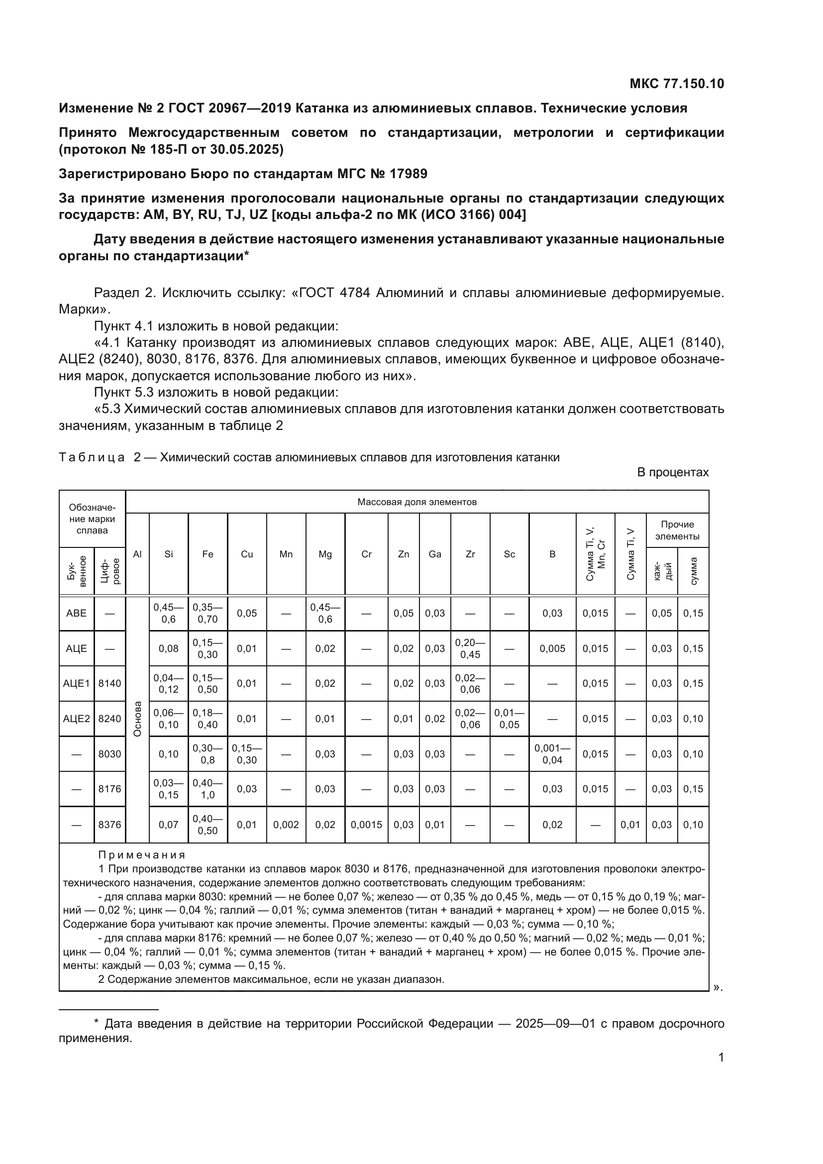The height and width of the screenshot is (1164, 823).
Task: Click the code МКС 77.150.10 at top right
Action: coord(677,84)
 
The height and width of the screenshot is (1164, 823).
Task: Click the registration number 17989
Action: coord(408,174)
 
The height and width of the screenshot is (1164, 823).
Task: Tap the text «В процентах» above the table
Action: coord(673,472)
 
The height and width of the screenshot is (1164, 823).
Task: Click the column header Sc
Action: coord(510,554)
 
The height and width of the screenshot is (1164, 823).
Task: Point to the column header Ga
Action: coord(435,554)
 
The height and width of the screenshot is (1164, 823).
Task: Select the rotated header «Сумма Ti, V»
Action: coord(630,553)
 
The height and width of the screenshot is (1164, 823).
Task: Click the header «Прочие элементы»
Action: coord(677,530)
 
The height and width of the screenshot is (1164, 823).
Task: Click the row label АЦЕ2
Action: coord(77,719)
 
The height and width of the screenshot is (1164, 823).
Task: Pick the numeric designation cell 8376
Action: coord(110,825)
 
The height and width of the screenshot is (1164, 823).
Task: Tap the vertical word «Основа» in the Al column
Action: coord(137,719)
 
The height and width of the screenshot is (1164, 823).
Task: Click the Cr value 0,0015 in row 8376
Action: coord(366,825)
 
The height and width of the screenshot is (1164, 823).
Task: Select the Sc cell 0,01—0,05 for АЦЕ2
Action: coord(510,719)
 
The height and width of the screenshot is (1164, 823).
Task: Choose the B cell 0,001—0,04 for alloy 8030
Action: coord(552,754)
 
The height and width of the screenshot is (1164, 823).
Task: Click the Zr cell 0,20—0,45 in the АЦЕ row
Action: coord(470,648)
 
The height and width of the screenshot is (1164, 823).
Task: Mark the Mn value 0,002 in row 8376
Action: coord(286,825)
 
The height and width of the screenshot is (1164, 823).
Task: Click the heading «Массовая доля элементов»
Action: coord(417,502)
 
